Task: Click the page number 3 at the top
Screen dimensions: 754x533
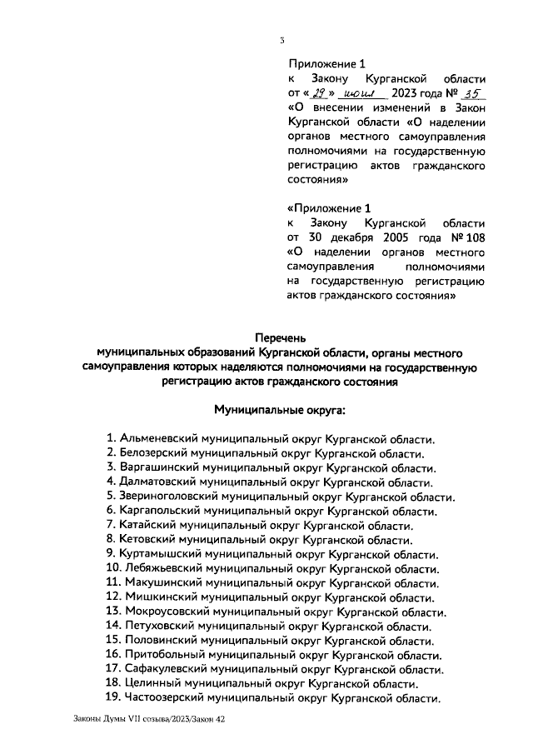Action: [x=282, y=39]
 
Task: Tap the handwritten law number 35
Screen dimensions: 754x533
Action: [x=472, y=92]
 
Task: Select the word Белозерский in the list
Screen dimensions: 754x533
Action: [x=155, y=453]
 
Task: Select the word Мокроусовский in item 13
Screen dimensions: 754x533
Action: [x=167, y=612]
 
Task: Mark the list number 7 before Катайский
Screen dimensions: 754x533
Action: [x=110, y=525]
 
